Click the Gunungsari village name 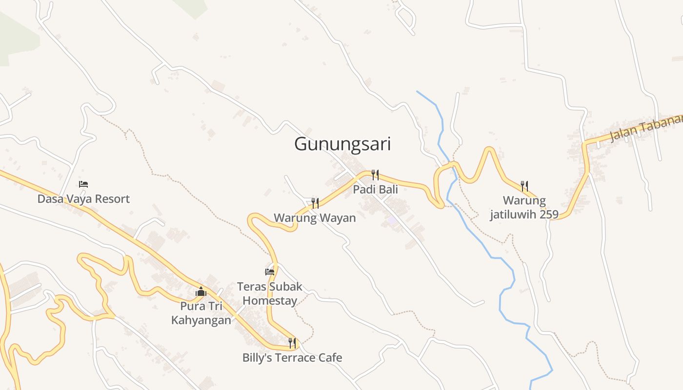pos(342,144)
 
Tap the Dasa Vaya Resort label pos(83,199)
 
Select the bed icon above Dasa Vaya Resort pos(83,184)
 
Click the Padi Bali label pos(375,189)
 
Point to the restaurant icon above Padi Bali pos(375,175)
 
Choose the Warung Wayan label pos(315,217)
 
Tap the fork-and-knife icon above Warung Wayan pos(315,203)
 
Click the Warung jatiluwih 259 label pos(524,207)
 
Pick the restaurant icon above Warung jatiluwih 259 pos(524,186)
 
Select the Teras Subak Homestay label pos(270,293)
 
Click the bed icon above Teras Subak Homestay pos(270,272)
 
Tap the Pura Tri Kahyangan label pos(201,313)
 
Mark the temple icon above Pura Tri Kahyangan pos(201,292)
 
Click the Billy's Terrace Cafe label pos(292,357)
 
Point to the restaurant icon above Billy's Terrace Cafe pos(292,343)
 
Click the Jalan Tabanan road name pos(645,128)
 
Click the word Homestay pos(270,300)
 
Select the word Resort pos(113,199)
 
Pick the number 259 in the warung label pos(548,214)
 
